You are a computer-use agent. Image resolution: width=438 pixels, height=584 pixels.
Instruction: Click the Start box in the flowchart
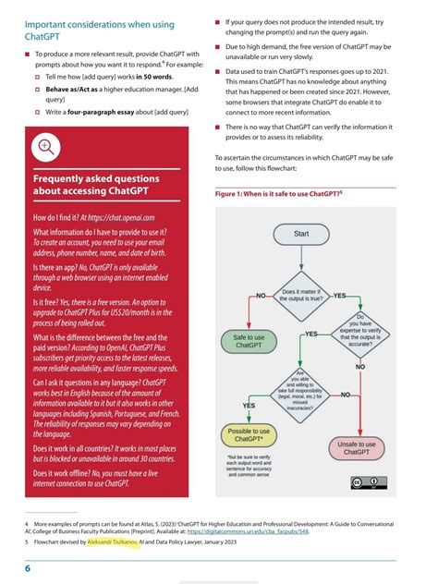pyautogui.click(x=301, y=234)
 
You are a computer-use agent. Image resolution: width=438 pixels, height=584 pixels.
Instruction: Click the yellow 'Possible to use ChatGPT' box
pyautogui.click(x=249, y=434)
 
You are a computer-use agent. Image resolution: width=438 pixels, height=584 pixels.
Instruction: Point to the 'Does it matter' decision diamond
pyautogui.click(x=302, y=297)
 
